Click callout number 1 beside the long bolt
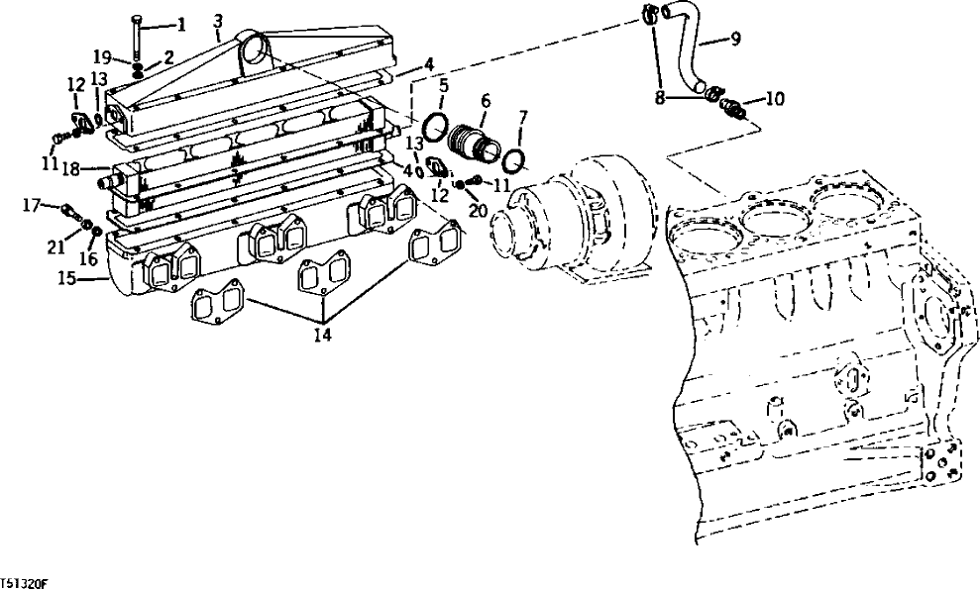tap(180, 24)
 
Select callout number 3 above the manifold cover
tap(218, 21)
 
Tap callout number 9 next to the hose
tap(735, 40)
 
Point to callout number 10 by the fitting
tap(775, 98)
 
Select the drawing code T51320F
tap(24, 584)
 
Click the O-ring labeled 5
tap(433, 129)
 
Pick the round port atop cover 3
tap(252, 46)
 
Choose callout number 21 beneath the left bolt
tap(57, 245)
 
